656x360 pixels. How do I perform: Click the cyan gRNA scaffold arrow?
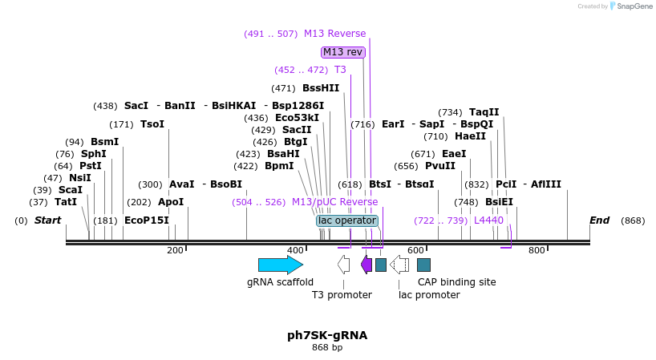click(280, 265)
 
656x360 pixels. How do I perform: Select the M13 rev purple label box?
click(343, 52)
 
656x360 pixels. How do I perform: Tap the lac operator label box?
click(346, 220)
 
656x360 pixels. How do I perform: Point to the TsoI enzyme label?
click(152, 124)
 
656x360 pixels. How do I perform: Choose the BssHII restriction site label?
click(321, 88)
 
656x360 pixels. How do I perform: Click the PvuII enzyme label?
click(440, 166)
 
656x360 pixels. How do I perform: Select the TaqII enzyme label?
click(484, 112)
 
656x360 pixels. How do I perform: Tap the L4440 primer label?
click(488, 220)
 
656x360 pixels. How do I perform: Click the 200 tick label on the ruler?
click(175, 251)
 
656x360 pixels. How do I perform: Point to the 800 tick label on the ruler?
click(536, 251)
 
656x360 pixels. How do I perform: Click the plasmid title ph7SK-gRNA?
click(327, 335)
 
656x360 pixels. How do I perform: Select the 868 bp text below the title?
click(327, 348)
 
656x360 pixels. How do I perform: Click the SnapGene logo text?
click(630, 6)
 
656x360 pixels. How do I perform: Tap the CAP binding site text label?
click(456, 282)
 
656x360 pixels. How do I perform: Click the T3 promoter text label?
click(342, 295)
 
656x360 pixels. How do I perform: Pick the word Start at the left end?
click(47, 220)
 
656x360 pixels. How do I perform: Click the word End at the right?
click(599, 220)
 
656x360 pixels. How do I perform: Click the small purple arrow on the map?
click(366, 265)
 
